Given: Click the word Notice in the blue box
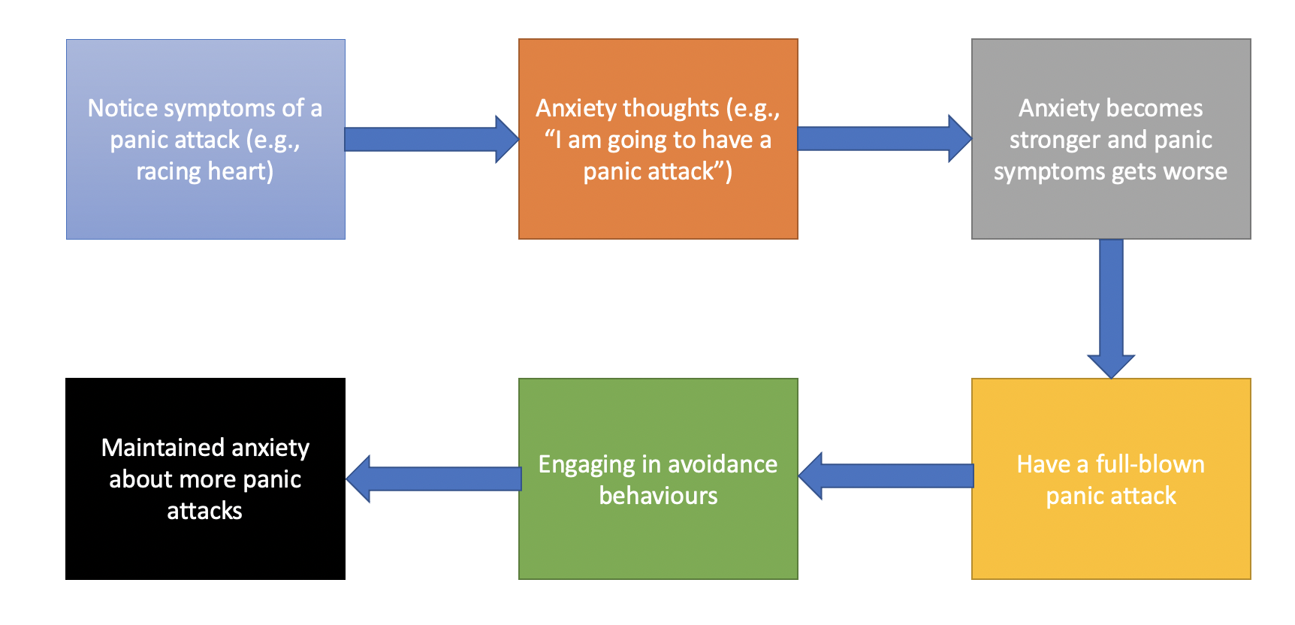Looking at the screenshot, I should (x=122, y=108).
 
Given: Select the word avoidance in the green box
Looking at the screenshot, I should (x=722, y=464).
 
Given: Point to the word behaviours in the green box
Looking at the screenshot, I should (x=658, y=496).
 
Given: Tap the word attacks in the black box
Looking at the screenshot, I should (x=204, y=511).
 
